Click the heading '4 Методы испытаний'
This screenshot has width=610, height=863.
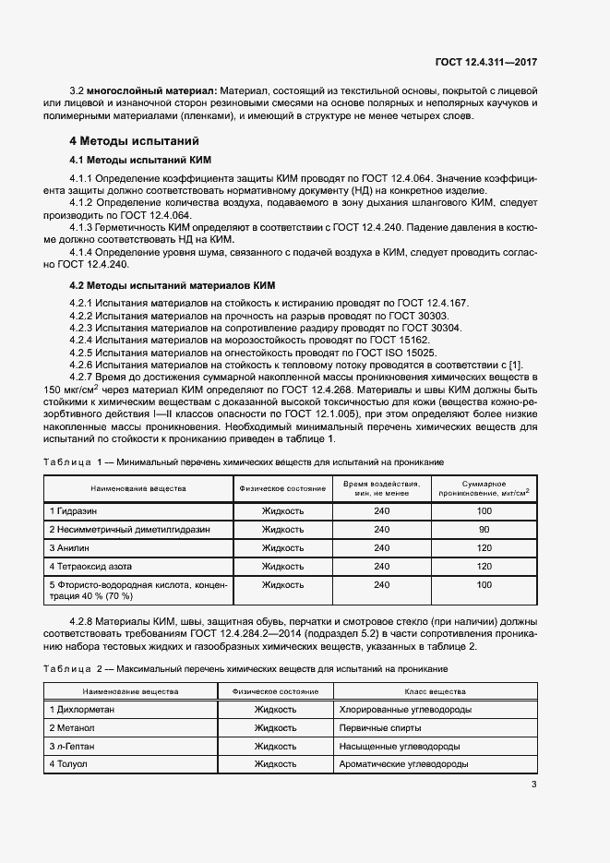coord(135,141)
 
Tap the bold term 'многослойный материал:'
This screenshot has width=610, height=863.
coord(153,91)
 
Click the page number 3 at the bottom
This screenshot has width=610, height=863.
coord(534,785)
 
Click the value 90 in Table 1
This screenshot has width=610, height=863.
coord(484,530)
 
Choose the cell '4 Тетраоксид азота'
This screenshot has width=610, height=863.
coord(90,567)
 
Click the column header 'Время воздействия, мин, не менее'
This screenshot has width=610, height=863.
coord(381,488)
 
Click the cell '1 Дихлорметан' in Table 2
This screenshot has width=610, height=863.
coord(81,709)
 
